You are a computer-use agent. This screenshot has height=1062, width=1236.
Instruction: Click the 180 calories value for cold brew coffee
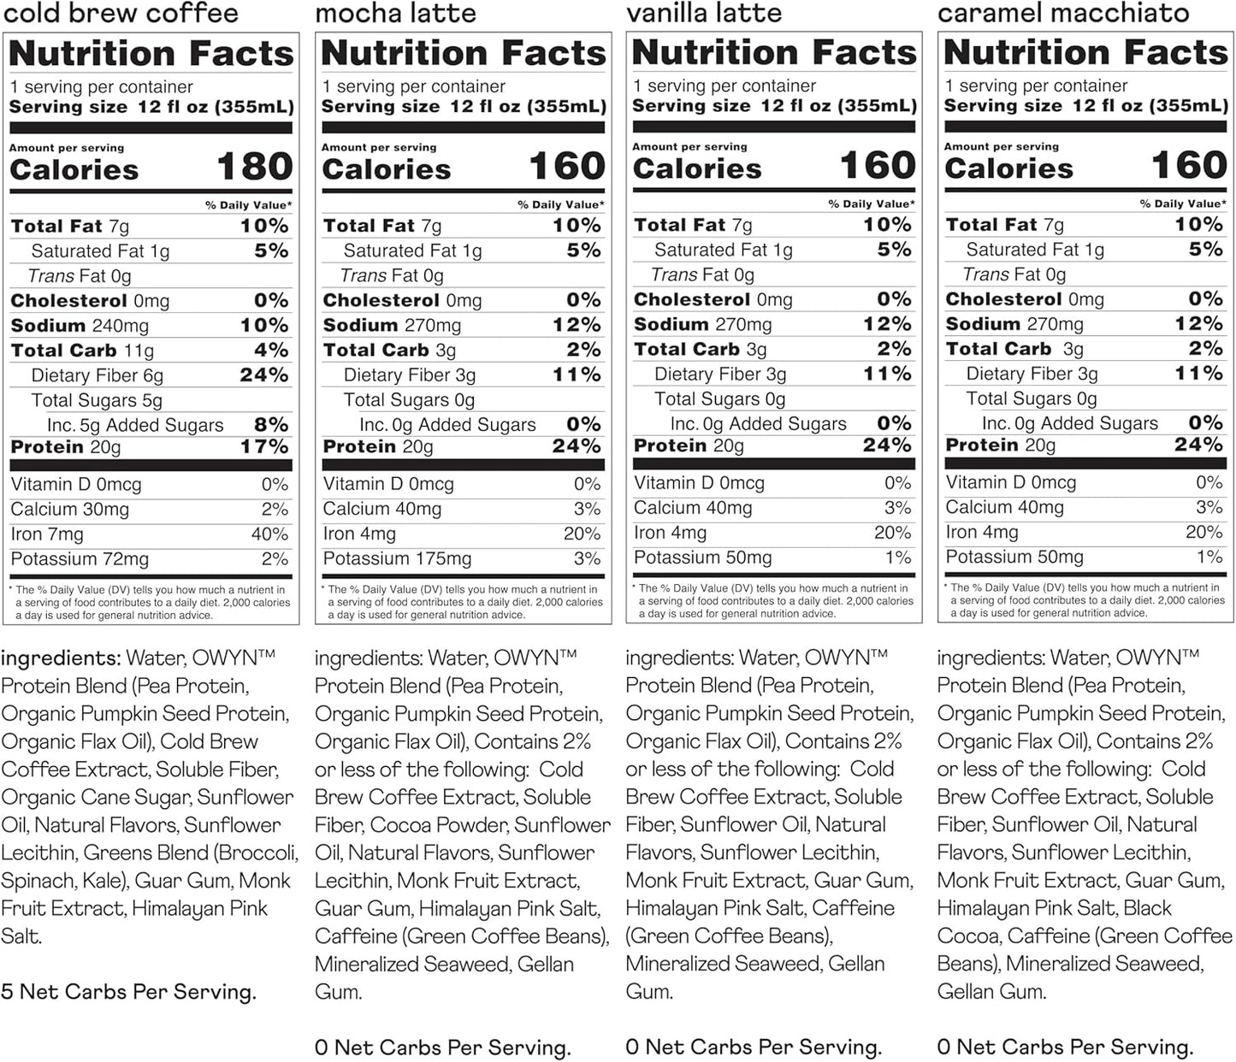click(x=254, y=166)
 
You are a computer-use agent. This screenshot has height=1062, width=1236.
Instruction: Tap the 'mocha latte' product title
click(x=395, y=14)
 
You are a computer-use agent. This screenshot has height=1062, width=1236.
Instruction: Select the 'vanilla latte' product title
click(x=704, y=13)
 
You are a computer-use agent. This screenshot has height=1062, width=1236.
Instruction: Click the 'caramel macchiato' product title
click(x=1063, y=13)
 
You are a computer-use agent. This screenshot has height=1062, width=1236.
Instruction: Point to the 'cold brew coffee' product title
click(x=120, y=14)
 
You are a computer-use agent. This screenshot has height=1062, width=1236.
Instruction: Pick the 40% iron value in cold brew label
click(x=269, y=534)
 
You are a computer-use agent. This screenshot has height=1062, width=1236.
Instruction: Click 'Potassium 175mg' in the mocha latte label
click(x=397, y=559)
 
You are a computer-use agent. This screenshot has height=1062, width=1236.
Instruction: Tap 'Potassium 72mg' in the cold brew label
click(x=80, y=559)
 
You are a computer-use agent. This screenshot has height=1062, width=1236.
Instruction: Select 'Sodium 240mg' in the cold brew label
click(x=80, y=326)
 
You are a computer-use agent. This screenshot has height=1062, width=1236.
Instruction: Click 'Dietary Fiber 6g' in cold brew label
click(x=97, y=375)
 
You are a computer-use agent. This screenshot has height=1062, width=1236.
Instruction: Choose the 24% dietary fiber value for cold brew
click(x=263, y=375)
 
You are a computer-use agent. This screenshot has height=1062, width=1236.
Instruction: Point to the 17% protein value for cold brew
click(x=264, y=446)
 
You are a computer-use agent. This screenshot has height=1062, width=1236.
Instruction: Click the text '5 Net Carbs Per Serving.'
click(x=128, y=992)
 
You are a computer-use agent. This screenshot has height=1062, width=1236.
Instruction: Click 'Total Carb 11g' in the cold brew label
click(x=82, y=351)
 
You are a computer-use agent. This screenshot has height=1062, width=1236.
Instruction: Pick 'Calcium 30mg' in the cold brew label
click(x=70, y=510)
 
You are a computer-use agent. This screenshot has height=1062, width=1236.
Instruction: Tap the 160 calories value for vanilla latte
click(x=877, y=165)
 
